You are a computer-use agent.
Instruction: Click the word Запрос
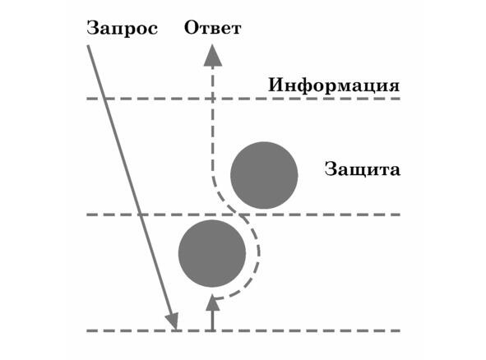[x=123, y=29]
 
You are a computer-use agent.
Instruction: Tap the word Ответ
[x=213, y=28]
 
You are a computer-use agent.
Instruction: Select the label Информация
[x=334, y=85]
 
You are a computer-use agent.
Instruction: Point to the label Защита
[x=363, y=170]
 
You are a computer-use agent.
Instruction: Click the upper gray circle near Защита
[x=264, y=175]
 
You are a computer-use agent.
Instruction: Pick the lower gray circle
[x=212, y=253]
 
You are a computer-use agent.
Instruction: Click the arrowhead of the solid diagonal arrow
[x=173, y=321]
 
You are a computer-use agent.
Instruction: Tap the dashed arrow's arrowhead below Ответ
[x=213, y=55]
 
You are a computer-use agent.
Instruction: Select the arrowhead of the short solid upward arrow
[x=213, y=302]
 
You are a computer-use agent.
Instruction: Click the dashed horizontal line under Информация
[x=243, y=99]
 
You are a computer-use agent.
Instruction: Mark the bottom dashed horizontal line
[x=243, y=330]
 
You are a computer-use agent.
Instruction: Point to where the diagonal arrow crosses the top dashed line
[x=104, y=99]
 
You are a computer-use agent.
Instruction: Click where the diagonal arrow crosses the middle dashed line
[x=140, y=215]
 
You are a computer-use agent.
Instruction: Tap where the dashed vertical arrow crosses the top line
[x=213, y=99]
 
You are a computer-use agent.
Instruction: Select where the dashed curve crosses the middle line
[x=239, y=215]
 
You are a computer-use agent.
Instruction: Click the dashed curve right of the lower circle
[x=259, y=253]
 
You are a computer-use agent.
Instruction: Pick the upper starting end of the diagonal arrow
[x=88, y=46]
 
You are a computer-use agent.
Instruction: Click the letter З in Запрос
[x=92, y=28]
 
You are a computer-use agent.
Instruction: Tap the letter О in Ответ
[x=191, y=28]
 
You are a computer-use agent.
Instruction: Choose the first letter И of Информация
[x=275, y=85]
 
